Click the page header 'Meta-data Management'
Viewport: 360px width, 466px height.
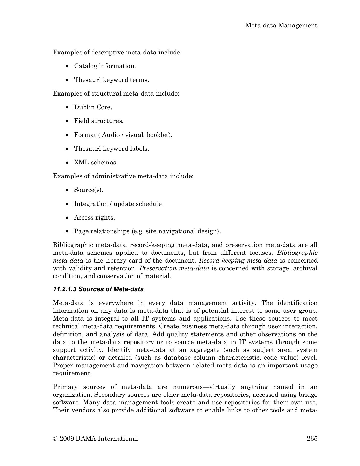[281, 25]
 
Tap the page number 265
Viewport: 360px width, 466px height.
[312, 438]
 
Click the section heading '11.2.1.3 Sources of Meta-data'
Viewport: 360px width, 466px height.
[98, 289]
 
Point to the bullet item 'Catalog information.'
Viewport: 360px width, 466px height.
[105, 66]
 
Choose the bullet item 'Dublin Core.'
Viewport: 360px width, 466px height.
[93, 107]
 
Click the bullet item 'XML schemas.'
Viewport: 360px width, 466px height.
[96, 162]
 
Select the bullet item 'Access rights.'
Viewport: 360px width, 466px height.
[94, 217]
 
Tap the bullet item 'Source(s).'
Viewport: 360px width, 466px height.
[89, 190]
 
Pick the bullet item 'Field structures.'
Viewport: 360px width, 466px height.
[99, 121]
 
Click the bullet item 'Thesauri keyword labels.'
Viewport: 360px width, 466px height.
[112, 149]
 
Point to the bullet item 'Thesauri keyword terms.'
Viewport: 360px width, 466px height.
[112, 80]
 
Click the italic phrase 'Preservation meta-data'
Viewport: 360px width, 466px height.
[174, 268]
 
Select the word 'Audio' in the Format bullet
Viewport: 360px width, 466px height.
[110, 135]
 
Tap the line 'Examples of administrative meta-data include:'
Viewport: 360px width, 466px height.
[123, 176]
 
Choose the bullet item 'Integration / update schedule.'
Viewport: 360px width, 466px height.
[119, 204]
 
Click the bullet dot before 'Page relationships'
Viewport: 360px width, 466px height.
[67, 231]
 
